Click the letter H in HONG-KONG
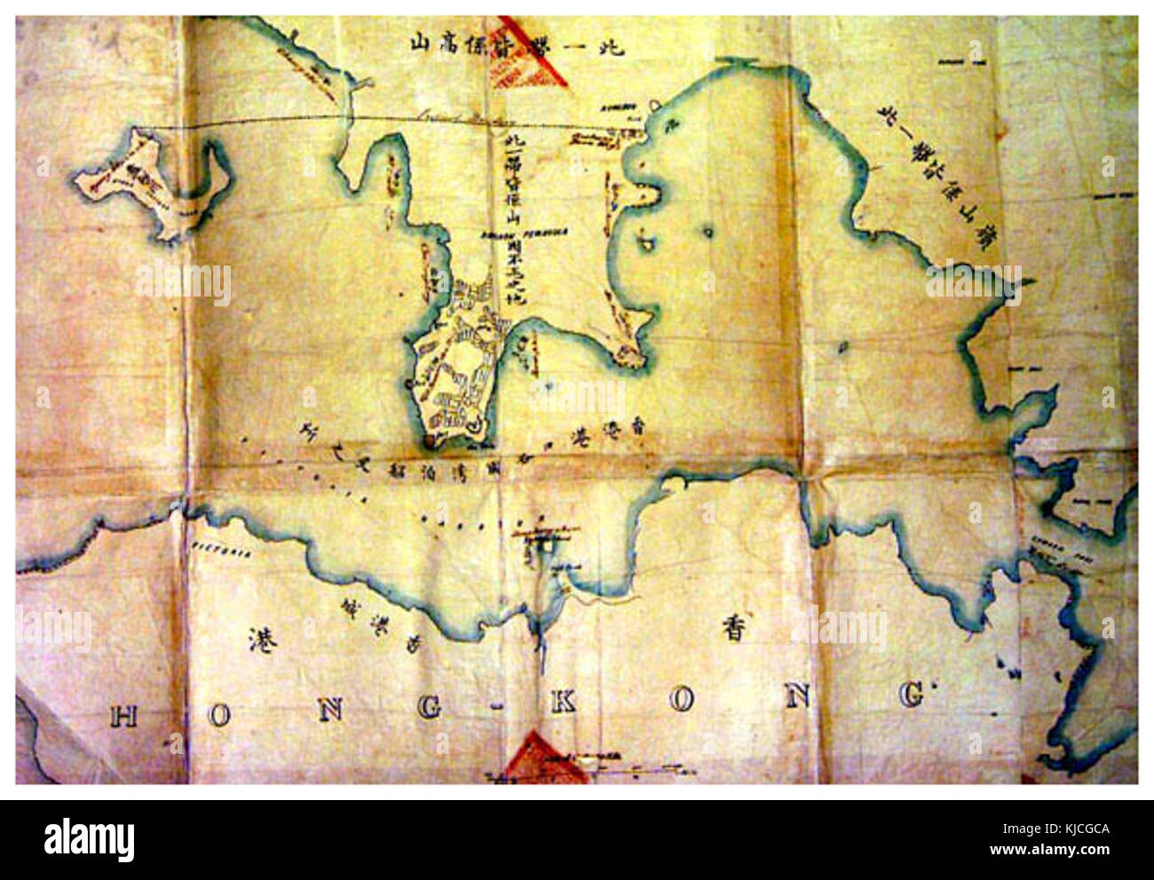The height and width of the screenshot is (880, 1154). coord(123,715)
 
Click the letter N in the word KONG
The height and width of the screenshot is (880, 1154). coord(796,697)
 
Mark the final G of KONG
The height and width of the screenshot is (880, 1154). coord(911,694)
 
